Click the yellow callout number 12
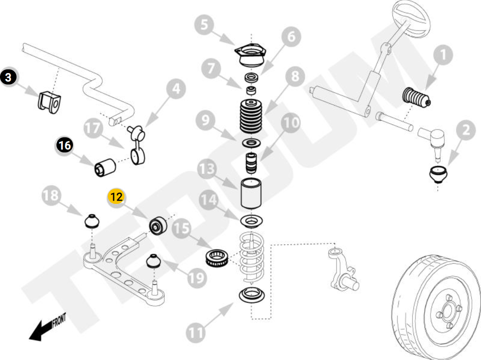click(116, 197)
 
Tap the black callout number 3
click(9, 77)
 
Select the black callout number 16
click(65, 146)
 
